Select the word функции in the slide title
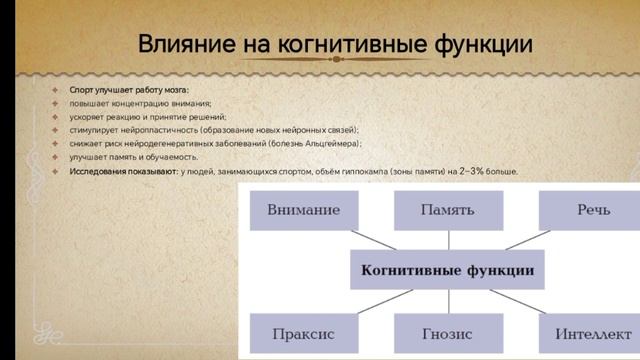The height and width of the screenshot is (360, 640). point(475,46)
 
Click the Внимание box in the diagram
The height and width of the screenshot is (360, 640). point(303,211)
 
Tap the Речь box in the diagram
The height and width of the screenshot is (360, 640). point(586,211)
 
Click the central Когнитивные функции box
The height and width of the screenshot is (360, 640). point(446,271)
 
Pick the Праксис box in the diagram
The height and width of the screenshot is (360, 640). point(303,332)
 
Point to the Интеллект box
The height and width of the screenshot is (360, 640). point(586,332)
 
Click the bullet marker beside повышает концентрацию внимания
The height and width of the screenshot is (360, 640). point(58,103)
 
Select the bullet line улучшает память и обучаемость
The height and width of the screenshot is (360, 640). point(133,158)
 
